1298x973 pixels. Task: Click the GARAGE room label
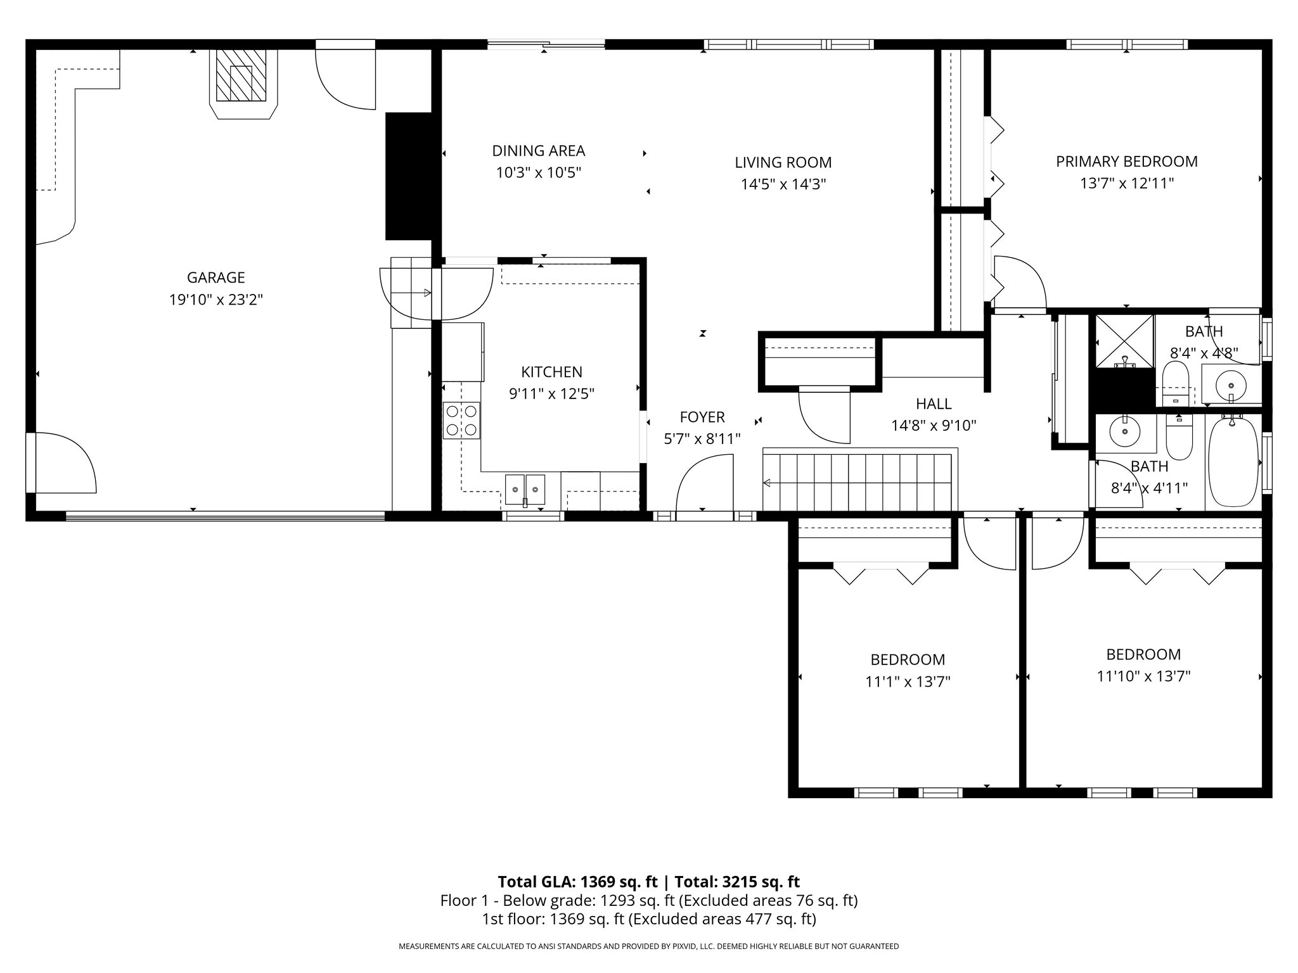tap(215, 277)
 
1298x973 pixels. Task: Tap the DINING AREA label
tap(539, 151)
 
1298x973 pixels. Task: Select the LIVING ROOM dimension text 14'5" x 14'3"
tap(783, 184)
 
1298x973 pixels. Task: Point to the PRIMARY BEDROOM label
tap(1127, 162)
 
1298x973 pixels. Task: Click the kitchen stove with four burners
tap(461, 421)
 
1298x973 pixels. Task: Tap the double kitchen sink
tap(525, 490)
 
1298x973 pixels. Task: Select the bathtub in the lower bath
tap(1233, 461)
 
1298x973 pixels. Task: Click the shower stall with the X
tap(1125, 341)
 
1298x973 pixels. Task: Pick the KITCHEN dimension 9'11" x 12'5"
tap(551, 394)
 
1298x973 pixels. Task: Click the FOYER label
tap(702, 417)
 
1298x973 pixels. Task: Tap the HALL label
tap(934, 404)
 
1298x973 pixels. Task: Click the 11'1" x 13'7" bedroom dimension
tap(908, 682)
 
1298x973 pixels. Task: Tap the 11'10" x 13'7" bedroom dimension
tap(1143, 677)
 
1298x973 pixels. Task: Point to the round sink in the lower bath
tap(1125, 431)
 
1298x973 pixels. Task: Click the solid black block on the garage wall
tap(409, 176)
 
